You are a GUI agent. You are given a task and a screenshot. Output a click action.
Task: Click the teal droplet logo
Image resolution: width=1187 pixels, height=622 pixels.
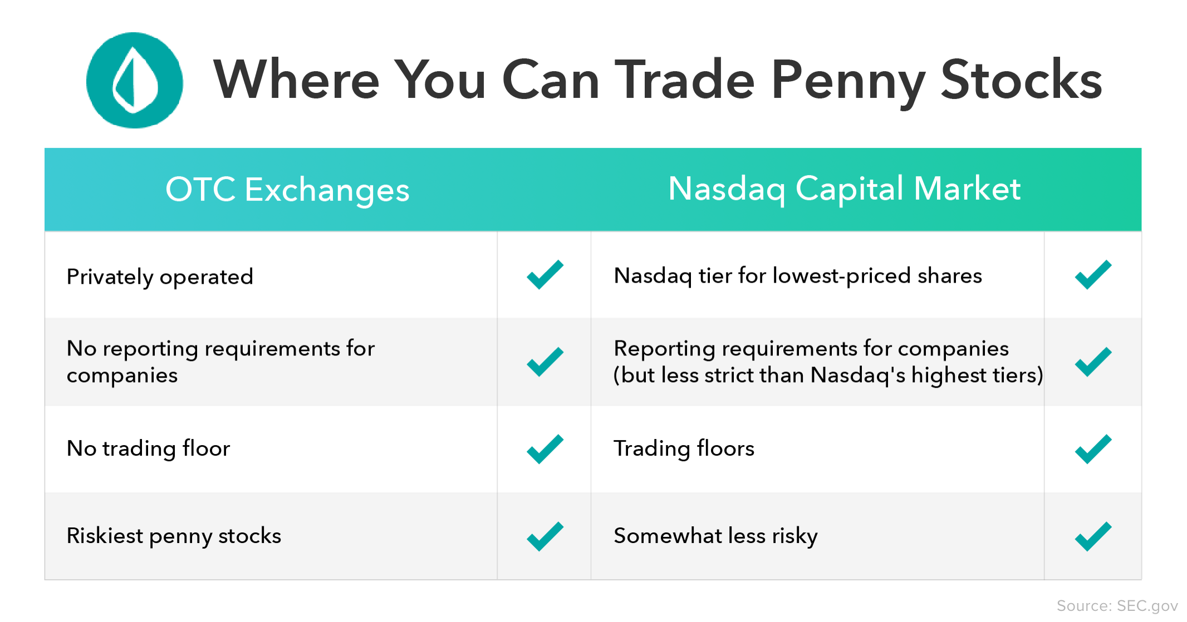135,80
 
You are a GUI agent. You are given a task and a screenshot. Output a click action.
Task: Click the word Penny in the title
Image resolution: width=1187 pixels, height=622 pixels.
847,80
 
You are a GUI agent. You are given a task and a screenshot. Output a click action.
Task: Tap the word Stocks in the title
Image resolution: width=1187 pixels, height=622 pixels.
1021,80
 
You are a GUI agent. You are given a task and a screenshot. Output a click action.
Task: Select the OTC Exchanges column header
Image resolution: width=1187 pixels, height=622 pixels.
287,189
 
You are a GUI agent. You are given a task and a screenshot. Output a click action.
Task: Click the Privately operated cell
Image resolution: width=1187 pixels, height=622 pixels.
160,277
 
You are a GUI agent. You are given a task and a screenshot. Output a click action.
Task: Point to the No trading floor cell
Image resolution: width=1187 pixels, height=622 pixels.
148,448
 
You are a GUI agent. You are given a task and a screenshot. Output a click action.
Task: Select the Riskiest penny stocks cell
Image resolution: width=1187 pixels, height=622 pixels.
174,536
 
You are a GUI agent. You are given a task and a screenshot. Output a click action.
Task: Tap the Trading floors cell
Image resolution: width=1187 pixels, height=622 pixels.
684,448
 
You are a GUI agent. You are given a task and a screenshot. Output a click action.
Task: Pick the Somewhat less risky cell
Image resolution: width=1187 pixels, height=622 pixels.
715,536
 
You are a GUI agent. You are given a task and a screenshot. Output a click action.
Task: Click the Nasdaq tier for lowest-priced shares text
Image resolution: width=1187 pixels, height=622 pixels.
797,276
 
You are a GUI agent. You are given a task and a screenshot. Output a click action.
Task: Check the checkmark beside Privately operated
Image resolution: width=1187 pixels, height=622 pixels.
545,275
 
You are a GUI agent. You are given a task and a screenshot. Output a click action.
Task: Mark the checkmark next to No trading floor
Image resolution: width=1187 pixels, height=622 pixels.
545,449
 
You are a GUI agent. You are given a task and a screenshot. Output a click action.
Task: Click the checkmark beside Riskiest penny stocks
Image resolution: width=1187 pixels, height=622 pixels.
545,536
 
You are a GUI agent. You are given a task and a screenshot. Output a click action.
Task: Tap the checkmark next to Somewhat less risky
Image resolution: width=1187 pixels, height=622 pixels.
1093,536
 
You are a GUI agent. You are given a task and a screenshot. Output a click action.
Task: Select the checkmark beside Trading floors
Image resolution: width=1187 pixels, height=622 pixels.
1093,449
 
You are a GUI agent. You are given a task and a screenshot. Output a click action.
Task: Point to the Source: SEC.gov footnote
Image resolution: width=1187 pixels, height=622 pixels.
1117,606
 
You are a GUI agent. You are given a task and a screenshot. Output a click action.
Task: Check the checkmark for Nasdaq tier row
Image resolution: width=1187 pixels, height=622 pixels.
1093,275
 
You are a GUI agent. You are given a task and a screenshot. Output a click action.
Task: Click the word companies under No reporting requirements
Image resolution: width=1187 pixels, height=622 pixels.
122,376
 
